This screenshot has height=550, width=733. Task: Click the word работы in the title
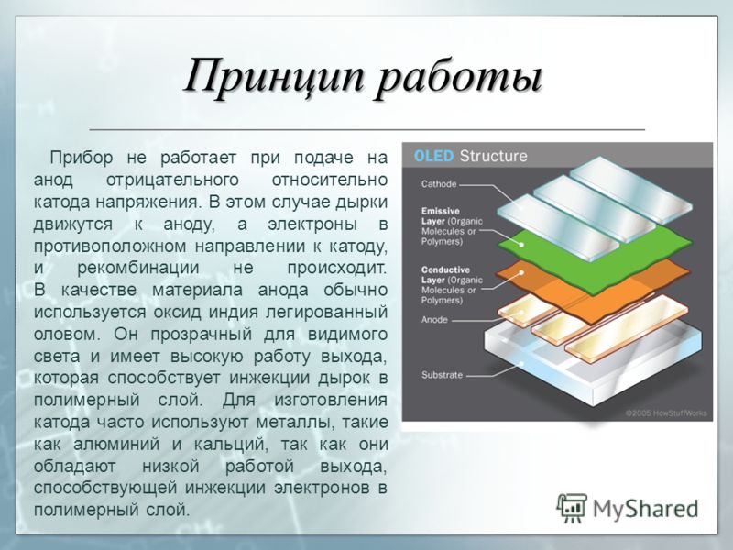tap(459, 78)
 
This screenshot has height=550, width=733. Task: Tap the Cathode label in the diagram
tap(439, 184)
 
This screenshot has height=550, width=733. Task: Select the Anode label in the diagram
tap(434, 320)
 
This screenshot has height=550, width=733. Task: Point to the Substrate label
tap(442, 375)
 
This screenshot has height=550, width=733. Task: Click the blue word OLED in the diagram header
tap(433, 156)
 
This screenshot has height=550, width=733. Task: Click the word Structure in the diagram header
tap(493, 156)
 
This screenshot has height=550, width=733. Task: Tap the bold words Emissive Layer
tap(441, 216)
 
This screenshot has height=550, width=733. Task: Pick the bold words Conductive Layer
tap(445, 275)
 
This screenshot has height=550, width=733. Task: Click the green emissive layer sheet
tap(594, 259)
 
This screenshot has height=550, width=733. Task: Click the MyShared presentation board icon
tap(571, 508)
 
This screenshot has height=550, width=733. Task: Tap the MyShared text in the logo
tap(645, 509)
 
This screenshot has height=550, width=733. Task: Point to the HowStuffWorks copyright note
tap(666, 413)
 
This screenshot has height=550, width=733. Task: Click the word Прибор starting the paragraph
tap(82, 158)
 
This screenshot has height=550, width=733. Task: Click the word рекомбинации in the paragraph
tap(138, 268)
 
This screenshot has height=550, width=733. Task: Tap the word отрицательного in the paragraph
tap(172, 180)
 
